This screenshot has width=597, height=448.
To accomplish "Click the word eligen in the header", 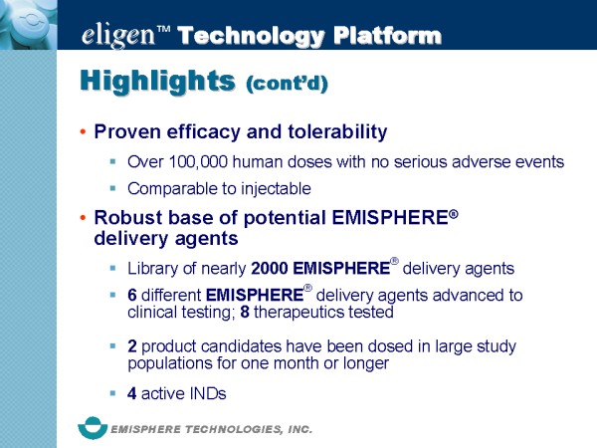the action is [x=118, y=36].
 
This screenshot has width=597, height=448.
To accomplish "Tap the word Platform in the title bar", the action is [x=387, y=36].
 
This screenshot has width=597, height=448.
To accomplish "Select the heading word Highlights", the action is [x=157, y=81].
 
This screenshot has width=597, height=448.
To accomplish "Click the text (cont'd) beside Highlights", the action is [x=288, y=83].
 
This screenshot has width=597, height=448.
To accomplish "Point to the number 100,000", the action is [x=198, y=162].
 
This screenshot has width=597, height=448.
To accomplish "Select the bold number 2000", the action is [x=270, y=269].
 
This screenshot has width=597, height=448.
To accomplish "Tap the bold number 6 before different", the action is [x=132, y=296].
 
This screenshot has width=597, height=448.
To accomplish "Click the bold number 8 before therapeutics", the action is [x=245, y=312].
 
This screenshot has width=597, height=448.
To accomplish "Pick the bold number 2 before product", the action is [x=132, y=346].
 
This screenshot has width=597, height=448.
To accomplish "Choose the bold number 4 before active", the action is [x=132, y=393].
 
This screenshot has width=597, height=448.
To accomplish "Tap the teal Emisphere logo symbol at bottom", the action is [x=93, y=428].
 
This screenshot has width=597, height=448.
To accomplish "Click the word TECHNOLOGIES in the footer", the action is [x=234, y=430].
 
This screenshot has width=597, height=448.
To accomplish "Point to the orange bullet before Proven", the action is [x=83, y=131].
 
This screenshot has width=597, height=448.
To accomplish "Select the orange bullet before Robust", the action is [x=83, y=217].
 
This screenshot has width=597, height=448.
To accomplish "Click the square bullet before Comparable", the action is [x=112, y=188].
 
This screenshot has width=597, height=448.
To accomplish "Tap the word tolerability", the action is [x=337, y=131].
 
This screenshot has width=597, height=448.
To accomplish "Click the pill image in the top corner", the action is [x=29, y=25].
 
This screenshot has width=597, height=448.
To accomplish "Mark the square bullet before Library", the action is [x=112, y=268].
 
